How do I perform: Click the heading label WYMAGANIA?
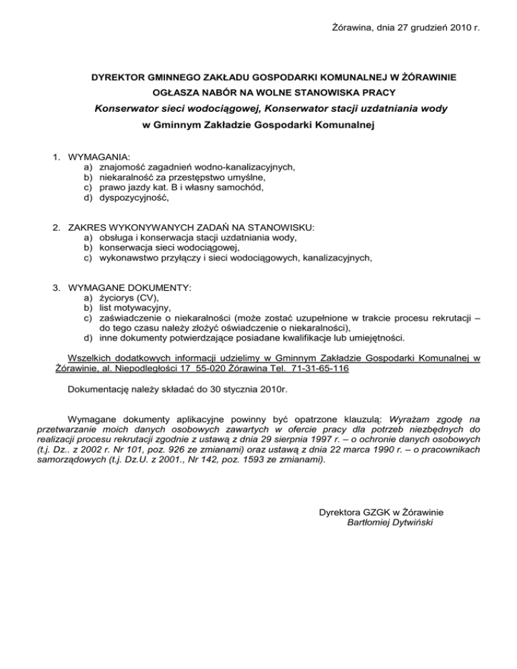[x=99, y=156]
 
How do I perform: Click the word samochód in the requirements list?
[x=241, y=188]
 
